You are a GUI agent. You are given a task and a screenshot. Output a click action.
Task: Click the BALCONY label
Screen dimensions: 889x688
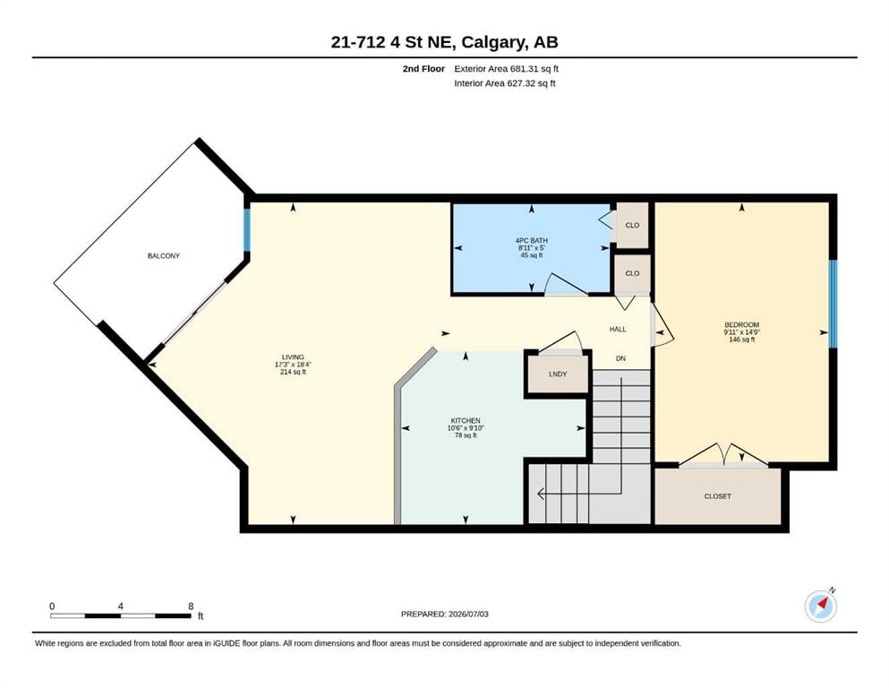(x=163, y=256)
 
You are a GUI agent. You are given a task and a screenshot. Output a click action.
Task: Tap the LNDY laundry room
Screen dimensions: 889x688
(x=558, y=374)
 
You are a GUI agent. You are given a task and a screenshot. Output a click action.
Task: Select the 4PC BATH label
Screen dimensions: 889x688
(x=531, y=240)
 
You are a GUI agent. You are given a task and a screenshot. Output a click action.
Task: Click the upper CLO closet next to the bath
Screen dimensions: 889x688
(x=632, y=225)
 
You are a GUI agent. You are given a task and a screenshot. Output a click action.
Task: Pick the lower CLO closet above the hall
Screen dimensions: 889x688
(x=632, y=273)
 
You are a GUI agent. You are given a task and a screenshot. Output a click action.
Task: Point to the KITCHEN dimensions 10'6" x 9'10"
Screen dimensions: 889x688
(x=466, y=428)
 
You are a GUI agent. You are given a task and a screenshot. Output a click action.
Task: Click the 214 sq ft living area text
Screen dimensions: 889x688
(x=293, y=372)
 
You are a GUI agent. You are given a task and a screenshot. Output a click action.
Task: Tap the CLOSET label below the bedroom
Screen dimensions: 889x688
(x=718, y=496)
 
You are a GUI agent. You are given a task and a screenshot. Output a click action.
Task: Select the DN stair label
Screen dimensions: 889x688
(x=620, y=358)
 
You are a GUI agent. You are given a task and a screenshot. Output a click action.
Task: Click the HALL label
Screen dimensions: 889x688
(x=618, y=329)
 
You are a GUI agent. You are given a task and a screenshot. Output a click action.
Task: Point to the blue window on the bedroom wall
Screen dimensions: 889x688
(x=833, y=304)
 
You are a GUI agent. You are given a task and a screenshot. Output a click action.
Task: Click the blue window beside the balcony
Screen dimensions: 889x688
(x=247, y=229)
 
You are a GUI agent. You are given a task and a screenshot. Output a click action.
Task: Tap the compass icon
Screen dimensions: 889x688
(x=821, y=606)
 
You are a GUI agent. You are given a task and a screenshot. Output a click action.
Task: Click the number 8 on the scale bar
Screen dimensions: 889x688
(x=191, y=606)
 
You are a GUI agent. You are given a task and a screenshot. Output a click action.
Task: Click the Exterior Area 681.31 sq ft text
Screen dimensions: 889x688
(x=507, y=69)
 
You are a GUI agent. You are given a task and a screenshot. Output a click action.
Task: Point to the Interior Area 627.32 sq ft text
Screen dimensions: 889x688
(x=505, y=83)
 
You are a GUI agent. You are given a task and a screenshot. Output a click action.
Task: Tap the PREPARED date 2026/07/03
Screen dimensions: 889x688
(x=468, y=614)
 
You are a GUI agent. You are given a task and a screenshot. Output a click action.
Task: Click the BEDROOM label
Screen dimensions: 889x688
(x=741, y=325)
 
